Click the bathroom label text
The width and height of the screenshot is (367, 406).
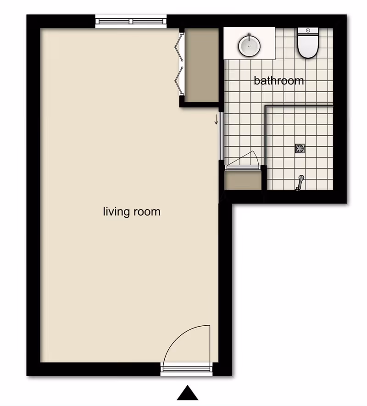click(x=278, y=81)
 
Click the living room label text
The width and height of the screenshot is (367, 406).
click(x=132, y=211)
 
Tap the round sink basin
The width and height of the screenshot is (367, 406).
click(x=249, y=46)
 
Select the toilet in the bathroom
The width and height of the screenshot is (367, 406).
click(x=308, y=43)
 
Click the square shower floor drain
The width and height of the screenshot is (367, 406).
click(x=300, y=148)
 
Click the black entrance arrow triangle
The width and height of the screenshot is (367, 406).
click(x=188, y=393)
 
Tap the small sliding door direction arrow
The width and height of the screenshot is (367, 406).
click(x=216, y=119)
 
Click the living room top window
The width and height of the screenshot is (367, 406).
click(x=131, y=21)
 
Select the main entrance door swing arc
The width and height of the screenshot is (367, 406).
click(x=176, y=336)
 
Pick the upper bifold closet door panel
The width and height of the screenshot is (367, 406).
click(x=179, y=47)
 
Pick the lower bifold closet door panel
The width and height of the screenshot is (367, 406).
click(x=179, y=81)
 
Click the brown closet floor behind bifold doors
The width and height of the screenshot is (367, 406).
click(x=201, y=65)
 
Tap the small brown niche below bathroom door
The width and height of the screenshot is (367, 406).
click(x=243, y=180)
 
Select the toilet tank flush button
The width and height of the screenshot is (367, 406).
click(x=308, y=31)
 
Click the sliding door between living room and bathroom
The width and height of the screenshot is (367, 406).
click(x=222, y=136)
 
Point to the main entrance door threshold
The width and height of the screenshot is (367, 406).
click(x=186, y=369)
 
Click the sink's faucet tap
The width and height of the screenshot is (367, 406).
click(x=249, y=37)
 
